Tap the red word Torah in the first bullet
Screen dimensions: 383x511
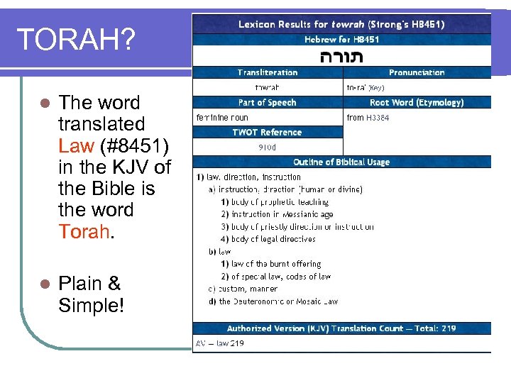coord(84,232)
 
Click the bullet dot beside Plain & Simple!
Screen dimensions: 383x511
coord(45,284)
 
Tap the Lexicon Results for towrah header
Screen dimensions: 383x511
coord(341,24)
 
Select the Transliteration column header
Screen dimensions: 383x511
coord(268,72)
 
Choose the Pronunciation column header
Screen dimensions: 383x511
coord(417,72)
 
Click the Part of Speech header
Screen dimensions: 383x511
coord(268,102)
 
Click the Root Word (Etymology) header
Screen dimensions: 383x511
coord(417,102)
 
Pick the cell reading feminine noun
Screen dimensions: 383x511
coord(222,117)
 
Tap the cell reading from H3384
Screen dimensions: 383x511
coord(368,117)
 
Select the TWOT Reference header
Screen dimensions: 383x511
coord(268,132)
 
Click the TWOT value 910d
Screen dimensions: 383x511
coord(268,148)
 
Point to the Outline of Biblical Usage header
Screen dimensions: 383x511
coord(341,162)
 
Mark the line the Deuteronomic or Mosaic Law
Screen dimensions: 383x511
coord(278,301)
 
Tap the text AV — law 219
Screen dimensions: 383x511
coord(220,343)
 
